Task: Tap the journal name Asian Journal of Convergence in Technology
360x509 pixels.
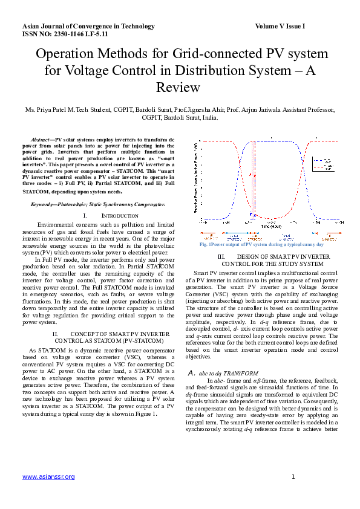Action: click(x=88, y=27)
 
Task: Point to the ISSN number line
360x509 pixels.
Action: click(x=65, y=35)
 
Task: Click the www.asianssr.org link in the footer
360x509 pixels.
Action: click(x=48, y=477)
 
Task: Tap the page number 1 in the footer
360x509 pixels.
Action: click(x=293, y=477)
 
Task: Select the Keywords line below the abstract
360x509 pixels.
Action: click(x=97, y=205)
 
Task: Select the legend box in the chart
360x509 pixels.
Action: click(x=321, y=164)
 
